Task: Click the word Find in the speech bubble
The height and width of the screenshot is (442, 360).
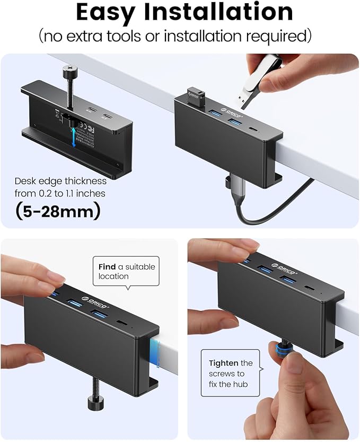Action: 107,266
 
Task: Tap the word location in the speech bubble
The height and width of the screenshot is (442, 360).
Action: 113,276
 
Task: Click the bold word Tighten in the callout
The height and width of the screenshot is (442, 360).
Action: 223,363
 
